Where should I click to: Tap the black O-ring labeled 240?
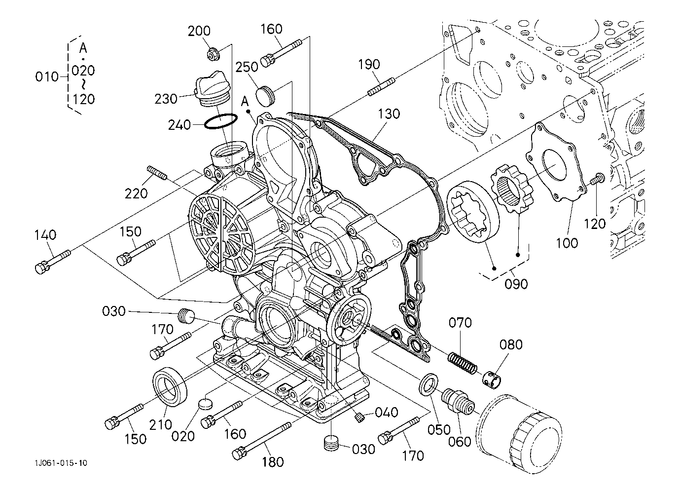point(220,121)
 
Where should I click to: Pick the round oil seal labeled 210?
point(170,386)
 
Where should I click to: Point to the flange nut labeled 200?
point(213,54)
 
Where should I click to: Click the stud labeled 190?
point(382,87)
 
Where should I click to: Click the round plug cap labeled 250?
point(265,96)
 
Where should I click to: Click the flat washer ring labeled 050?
point(429,385)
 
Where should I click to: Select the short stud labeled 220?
point(157,172)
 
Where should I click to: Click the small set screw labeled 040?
point(359,418)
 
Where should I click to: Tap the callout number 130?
point(389,114)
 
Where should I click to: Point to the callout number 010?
point(46,76)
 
